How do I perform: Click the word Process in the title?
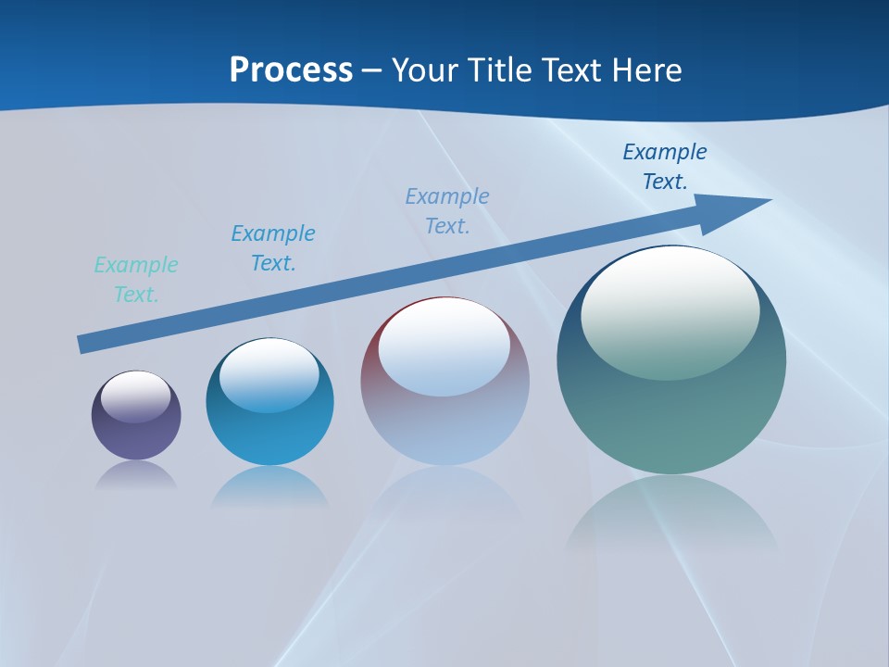coord(291,70)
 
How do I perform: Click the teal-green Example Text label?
coord(136,280)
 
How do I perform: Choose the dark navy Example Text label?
coord(665,167)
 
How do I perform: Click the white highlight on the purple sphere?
coord(136,396)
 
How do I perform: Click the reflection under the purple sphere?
coord(136,476)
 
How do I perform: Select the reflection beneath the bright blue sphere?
coord(269,486)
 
